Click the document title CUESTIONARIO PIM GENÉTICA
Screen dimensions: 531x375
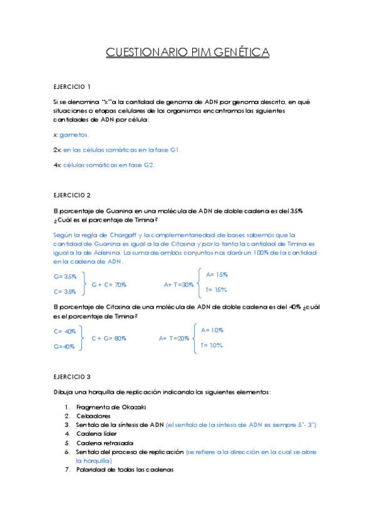[187, 52]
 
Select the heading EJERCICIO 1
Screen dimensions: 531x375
[72, 86]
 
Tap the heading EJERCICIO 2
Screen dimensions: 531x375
[72, 195]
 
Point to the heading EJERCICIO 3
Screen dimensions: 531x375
[72, 377]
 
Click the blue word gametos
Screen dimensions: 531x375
[74, 135]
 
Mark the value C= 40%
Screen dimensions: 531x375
[65, 331]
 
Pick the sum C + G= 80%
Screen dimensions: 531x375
[109, 338]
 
